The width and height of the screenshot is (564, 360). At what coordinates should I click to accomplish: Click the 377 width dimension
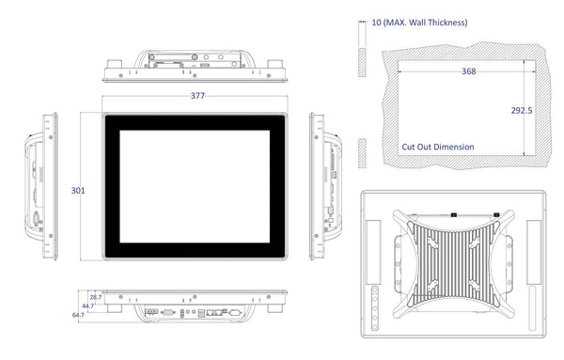[x=197, y=96]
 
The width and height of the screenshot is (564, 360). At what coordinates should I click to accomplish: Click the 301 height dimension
[x=78, y=190]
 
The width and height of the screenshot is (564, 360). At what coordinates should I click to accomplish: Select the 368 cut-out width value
[x=469, y=71]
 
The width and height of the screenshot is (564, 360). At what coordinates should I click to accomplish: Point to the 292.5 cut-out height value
[x=522, y=110]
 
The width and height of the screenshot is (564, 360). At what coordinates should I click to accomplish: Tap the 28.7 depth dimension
[x=96, y=297]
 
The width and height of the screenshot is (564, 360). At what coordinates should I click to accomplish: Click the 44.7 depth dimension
[x=87, y=306]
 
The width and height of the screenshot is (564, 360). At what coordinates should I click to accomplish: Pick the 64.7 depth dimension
[x=78, y=315]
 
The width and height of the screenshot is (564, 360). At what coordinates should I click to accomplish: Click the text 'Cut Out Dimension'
[x=438, y=147]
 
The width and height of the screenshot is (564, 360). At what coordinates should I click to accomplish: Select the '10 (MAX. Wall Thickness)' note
[x=419, y=23]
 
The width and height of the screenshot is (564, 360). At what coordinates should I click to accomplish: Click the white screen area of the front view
[x=195, y=186]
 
